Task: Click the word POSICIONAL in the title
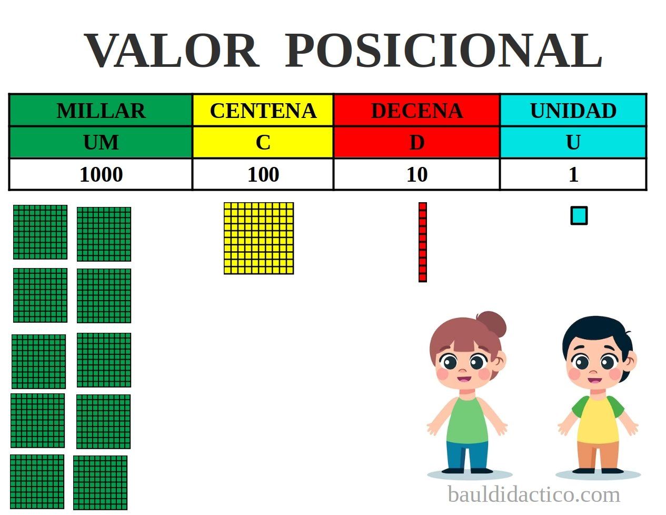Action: coord(443,51)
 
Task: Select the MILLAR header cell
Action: coord(101,111)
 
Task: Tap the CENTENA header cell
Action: coord(263,111)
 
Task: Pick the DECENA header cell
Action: coord(416,111)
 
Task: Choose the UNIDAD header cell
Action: coord(573,111)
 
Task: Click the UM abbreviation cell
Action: coord(101,142)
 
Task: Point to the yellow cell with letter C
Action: coord(263,142)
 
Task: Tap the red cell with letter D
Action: coord(416,142)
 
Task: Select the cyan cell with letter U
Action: coord(573,142)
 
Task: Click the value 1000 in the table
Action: coord(101,174)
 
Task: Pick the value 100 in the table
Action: coord(263,174)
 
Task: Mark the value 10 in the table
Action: coord(416,174)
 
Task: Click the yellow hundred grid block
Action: coord(259,238)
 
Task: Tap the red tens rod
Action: coord(422,242)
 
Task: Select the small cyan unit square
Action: coord(579,216)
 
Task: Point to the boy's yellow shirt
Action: coord(598,421)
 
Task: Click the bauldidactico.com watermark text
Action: coord(533,495)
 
